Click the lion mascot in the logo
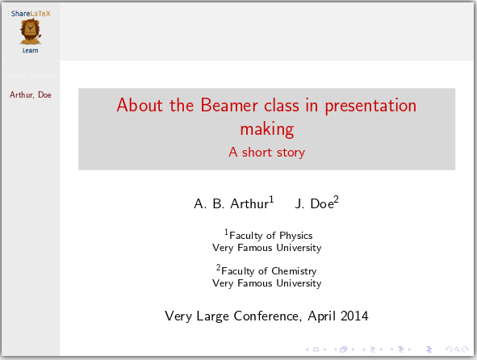click(x=30, y=32)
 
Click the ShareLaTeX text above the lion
click(x=30, y=14)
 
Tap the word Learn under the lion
click(x=30, y=50)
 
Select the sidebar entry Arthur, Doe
click(x=30, y=94)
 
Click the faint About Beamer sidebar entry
click(x=30, y=76)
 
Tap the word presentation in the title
click(x=369, y=106)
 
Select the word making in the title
click(x=266, y=128)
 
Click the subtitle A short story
click(x=266, y=151)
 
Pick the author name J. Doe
click(x=315, y=203)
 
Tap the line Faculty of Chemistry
click(x=268, y=271)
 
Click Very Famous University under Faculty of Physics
click(x=266, y=248)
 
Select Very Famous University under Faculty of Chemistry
click(x=266, y=283)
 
